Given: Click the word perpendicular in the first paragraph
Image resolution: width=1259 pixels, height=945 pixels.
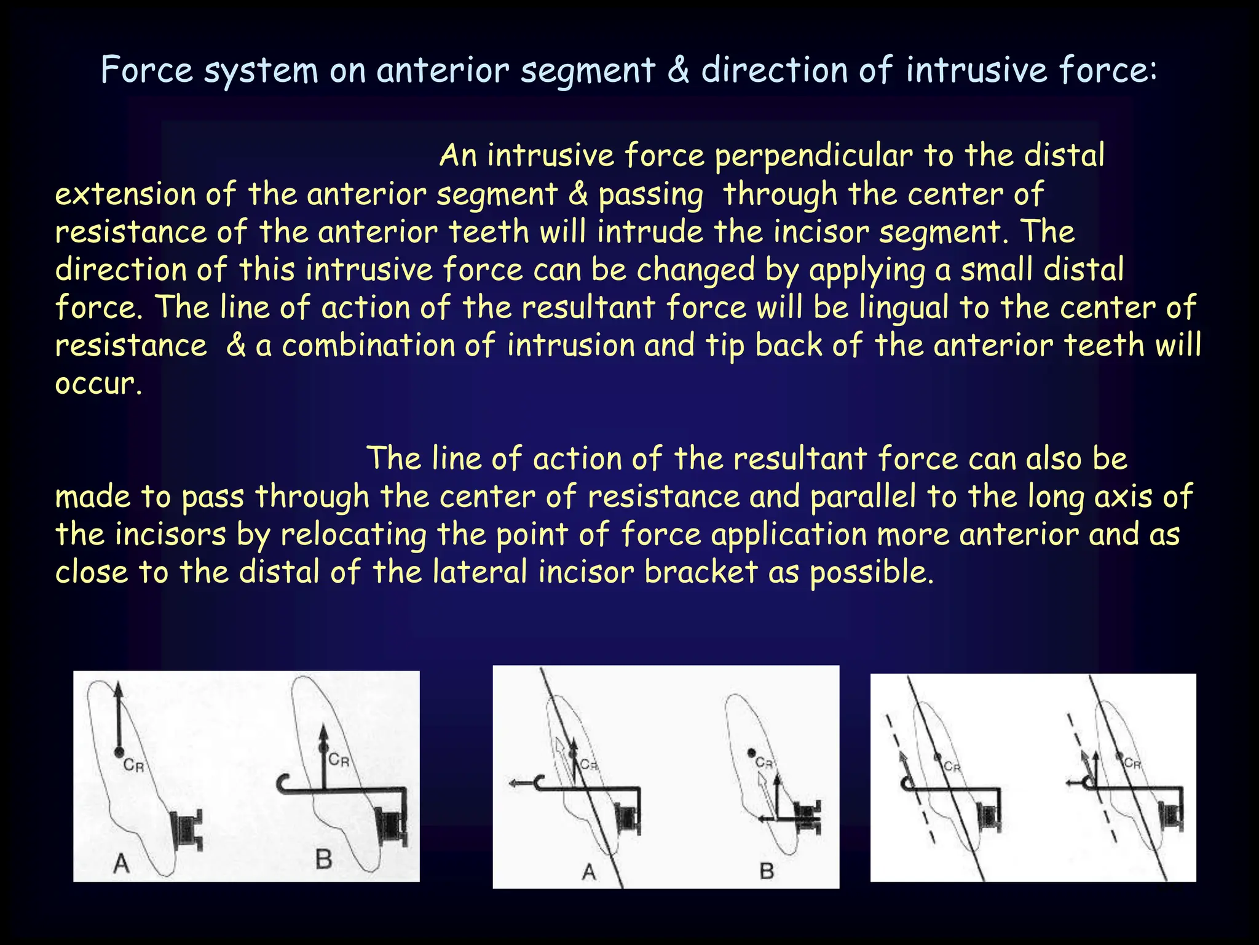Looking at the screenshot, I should point(813,156).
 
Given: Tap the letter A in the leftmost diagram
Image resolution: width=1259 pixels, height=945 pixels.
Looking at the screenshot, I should point(122,863).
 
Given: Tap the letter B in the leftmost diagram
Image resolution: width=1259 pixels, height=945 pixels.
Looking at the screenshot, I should point(324,859).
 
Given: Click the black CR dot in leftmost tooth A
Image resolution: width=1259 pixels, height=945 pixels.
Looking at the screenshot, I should point(119,752).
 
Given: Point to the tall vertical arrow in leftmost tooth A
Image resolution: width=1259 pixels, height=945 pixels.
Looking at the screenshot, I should point(119,717).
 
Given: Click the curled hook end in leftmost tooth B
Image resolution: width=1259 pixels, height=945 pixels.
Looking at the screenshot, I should point(283,784).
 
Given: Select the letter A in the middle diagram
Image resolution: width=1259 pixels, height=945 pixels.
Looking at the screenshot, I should point(589,871).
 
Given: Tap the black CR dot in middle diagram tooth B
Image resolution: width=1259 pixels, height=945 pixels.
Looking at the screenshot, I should point(751,752).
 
